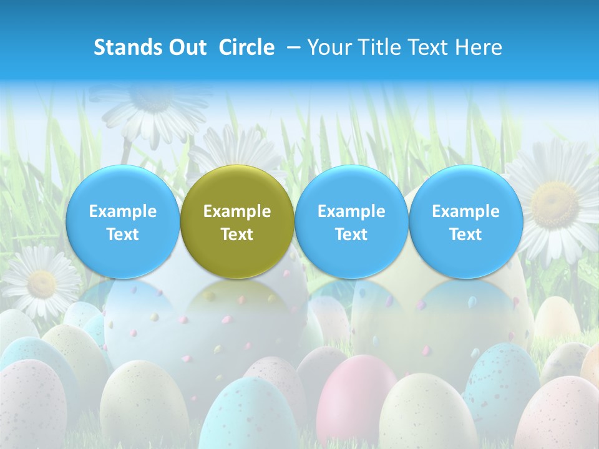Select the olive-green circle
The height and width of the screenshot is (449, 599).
click(237, 221)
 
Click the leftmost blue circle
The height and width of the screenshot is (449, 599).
click(123, 221)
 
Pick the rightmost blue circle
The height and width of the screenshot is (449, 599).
click(465, 221)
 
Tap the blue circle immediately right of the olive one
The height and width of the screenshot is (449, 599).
click(351, 221)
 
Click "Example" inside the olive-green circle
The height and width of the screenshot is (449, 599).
click(237, 211)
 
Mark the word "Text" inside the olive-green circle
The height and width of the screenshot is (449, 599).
click(237, 234)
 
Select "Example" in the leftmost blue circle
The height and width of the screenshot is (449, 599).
click(123, 211)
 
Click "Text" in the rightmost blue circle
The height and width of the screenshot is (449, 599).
click(465, 234)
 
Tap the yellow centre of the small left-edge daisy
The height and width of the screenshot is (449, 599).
click(42, 284)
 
